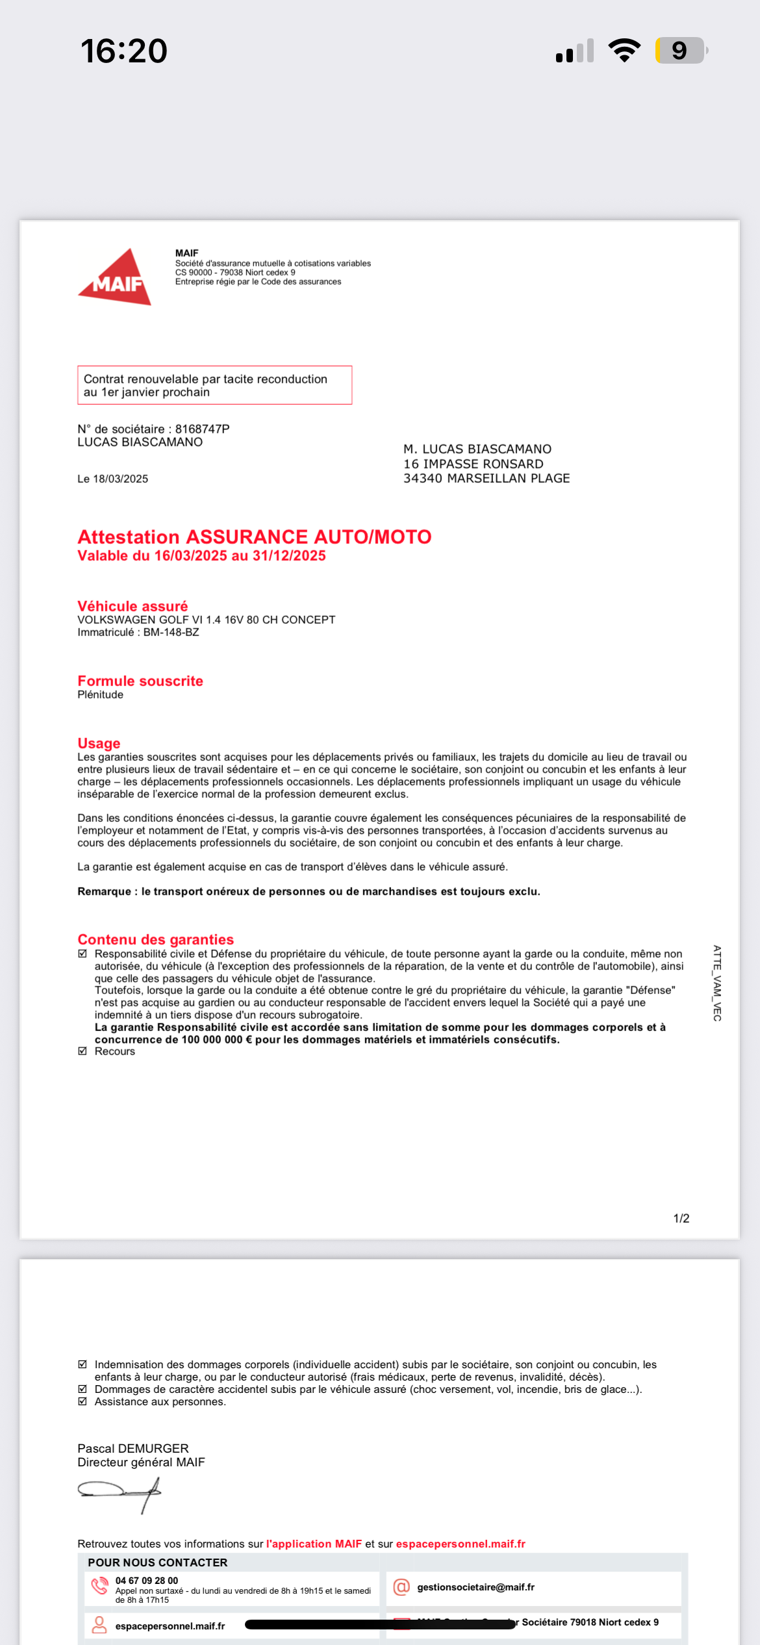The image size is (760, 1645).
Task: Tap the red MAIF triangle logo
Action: pos(116,278)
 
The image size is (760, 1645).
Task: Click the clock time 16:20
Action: pos(124,51)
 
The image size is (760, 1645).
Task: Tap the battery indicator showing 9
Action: pos(680,51)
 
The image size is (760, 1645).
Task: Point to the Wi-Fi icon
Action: pos(624,51)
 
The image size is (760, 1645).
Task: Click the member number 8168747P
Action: pos(202,429)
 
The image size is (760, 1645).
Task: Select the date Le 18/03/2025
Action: pos(113,479)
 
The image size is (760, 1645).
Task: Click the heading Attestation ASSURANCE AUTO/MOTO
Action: pos(254,537)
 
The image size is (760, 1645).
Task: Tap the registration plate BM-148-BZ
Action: pos(171,632)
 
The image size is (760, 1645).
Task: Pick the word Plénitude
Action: pos(100,695)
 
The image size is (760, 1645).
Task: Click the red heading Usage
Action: pos(99,743)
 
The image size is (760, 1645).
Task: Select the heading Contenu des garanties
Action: pos(155,939)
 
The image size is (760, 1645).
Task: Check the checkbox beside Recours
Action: pos(82,1051)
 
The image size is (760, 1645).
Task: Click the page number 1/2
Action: pos(681,1218)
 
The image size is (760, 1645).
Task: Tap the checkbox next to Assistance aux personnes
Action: pos(82,1401)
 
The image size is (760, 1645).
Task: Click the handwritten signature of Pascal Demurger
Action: pos(120,1492)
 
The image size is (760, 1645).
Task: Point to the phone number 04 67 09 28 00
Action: pos(147,1580)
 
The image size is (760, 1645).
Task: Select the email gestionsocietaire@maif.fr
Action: pos(475,1587)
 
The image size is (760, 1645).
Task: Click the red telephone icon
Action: pos(100,1586)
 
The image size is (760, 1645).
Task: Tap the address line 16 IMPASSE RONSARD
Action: pos(473,464)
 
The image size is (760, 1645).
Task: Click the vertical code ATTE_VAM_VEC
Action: pos(717,982)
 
